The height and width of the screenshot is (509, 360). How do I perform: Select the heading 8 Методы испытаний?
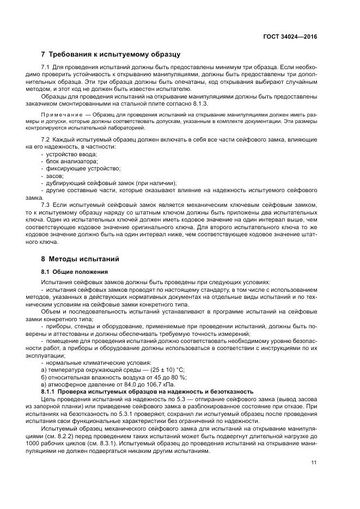pyautogui.click(x=80, y=259)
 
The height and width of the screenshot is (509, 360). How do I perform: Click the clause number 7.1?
pyautogui.click(x=46, y=66)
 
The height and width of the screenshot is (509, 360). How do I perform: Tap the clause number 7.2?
pyautogui.click(x=46, y=140)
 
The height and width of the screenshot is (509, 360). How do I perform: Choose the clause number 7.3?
pyautogui.click(x=46, y=204)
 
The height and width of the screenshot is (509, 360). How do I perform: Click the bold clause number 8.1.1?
pyautogui.click(x=49, y=391)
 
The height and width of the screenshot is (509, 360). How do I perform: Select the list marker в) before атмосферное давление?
pyautogui.click(x=44, y=384)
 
